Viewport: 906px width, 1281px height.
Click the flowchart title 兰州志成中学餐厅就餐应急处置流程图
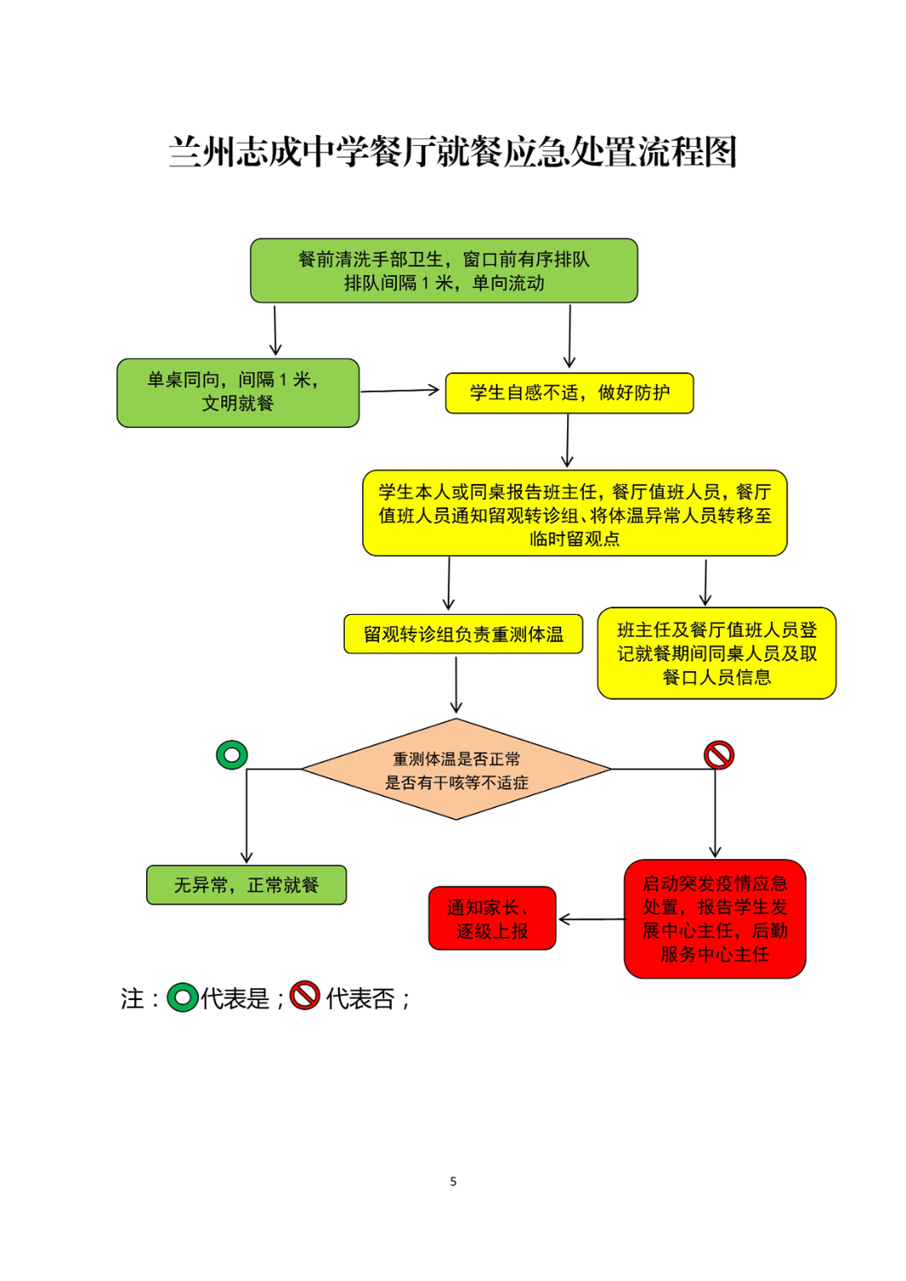tap(453, 152)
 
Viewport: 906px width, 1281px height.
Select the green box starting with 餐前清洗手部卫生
tap(444, 271)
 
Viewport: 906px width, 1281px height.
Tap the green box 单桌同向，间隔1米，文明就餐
tap(238, 393)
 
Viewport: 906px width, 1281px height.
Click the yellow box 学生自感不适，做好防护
tap(569, 393)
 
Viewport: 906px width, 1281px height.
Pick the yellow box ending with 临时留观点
tap(575, 513)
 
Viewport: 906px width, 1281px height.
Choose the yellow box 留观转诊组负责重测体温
tap(464, 634)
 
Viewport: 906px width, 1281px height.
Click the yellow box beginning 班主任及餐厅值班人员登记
tap(716, 653)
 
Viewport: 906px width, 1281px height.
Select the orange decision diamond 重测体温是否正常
tap(456, 769)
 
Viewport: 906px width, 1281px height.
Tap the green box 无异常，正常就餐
tap(247, 885)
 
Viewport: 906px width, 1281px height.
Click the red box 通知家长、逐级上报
tap(492, 918)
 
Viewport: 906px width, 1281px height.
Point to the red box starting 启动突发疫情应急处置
tap(715, 919)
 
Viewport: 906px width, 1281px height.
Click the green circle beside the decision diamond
tap(231, 755)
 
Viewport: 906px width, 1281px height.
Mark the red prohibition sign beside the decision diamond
tap(719, 755)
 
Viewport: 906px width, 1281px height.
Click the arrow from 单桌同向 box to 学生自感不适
tap(400, 391)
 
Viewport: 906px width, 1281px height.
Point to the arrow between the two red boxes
tap(592, 919)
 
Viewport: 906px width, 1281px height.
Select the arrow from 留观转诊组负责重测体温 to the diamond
tap(456, 684)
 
